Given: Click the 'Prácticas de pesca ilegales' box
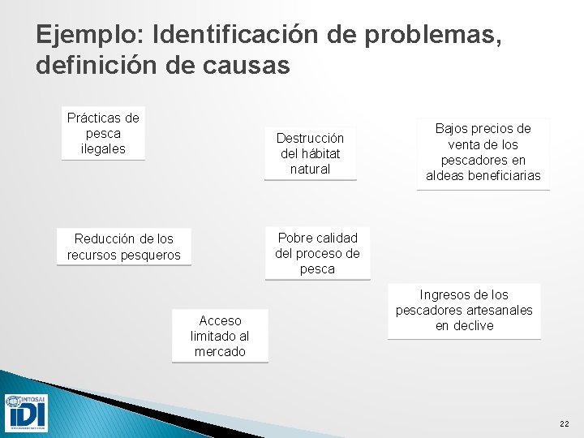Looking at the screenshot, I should (x=103, y=134).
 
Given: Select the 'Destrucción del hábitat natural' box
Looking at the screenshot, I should (x=310, y=153).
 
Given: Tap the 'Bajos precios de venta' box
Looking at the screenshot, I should (x=483, y=152).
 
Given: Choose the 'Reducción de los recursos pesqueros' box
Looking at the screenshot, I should (x=124, y=247).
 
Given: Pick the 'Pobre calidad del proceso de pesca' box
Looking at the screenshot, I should (x=317, y=253).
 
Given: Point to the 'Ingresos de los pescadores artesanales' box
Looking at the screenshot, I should (x=464, y=311).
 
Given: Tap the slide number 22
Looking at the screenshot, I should (x=565, y=424).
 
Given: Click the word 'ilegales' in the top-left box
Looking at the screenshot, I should (x=103, y=149).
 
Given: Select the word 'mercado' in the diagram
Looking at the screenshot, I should (x=220, y=352).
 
